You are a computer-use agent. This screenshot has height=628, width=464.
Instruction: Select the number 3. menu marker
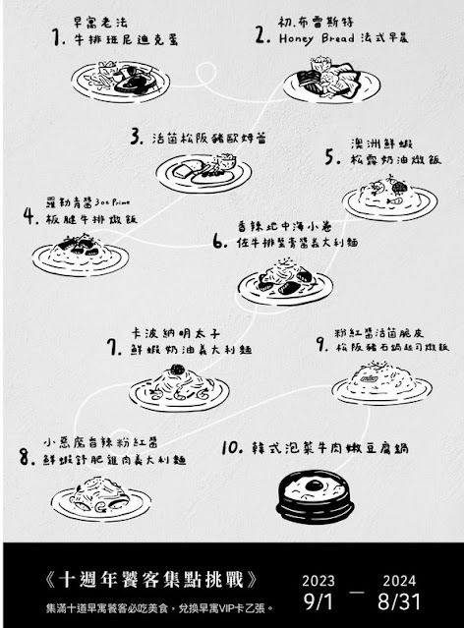tap(136, 138)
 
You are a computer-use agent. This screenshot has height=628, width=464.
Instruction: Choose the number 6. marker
tap(219, 238)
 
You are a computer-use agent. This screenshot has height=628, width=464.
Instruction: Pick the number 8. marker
tap(26, 456)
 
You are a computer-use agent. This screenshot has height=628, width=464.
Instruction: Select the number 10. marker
tap(232, 447)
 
